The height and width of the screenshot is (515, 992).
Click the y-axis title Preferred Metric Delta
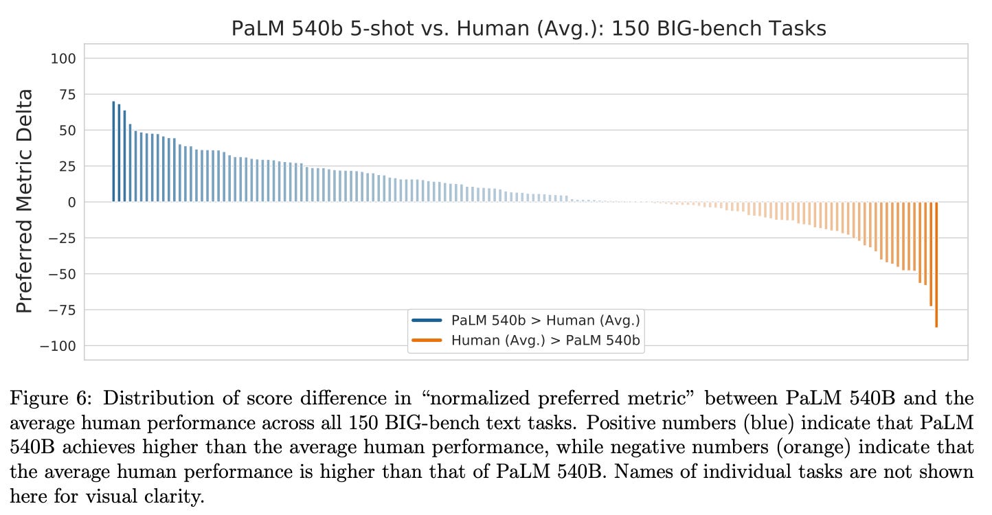(24, 201)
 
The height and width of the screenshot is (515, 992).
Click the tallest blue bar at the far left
(113, 152)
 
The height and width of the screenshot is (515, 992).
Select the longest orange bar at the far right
(936, 264)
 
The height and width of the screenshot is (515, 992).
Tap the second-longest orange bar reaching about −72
(930, 254)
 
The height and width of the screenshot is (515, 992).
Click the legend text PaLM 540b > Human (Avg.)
(545, 320)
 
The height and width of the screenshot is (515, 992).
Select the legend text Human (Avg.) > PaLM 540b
(545, 340)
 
